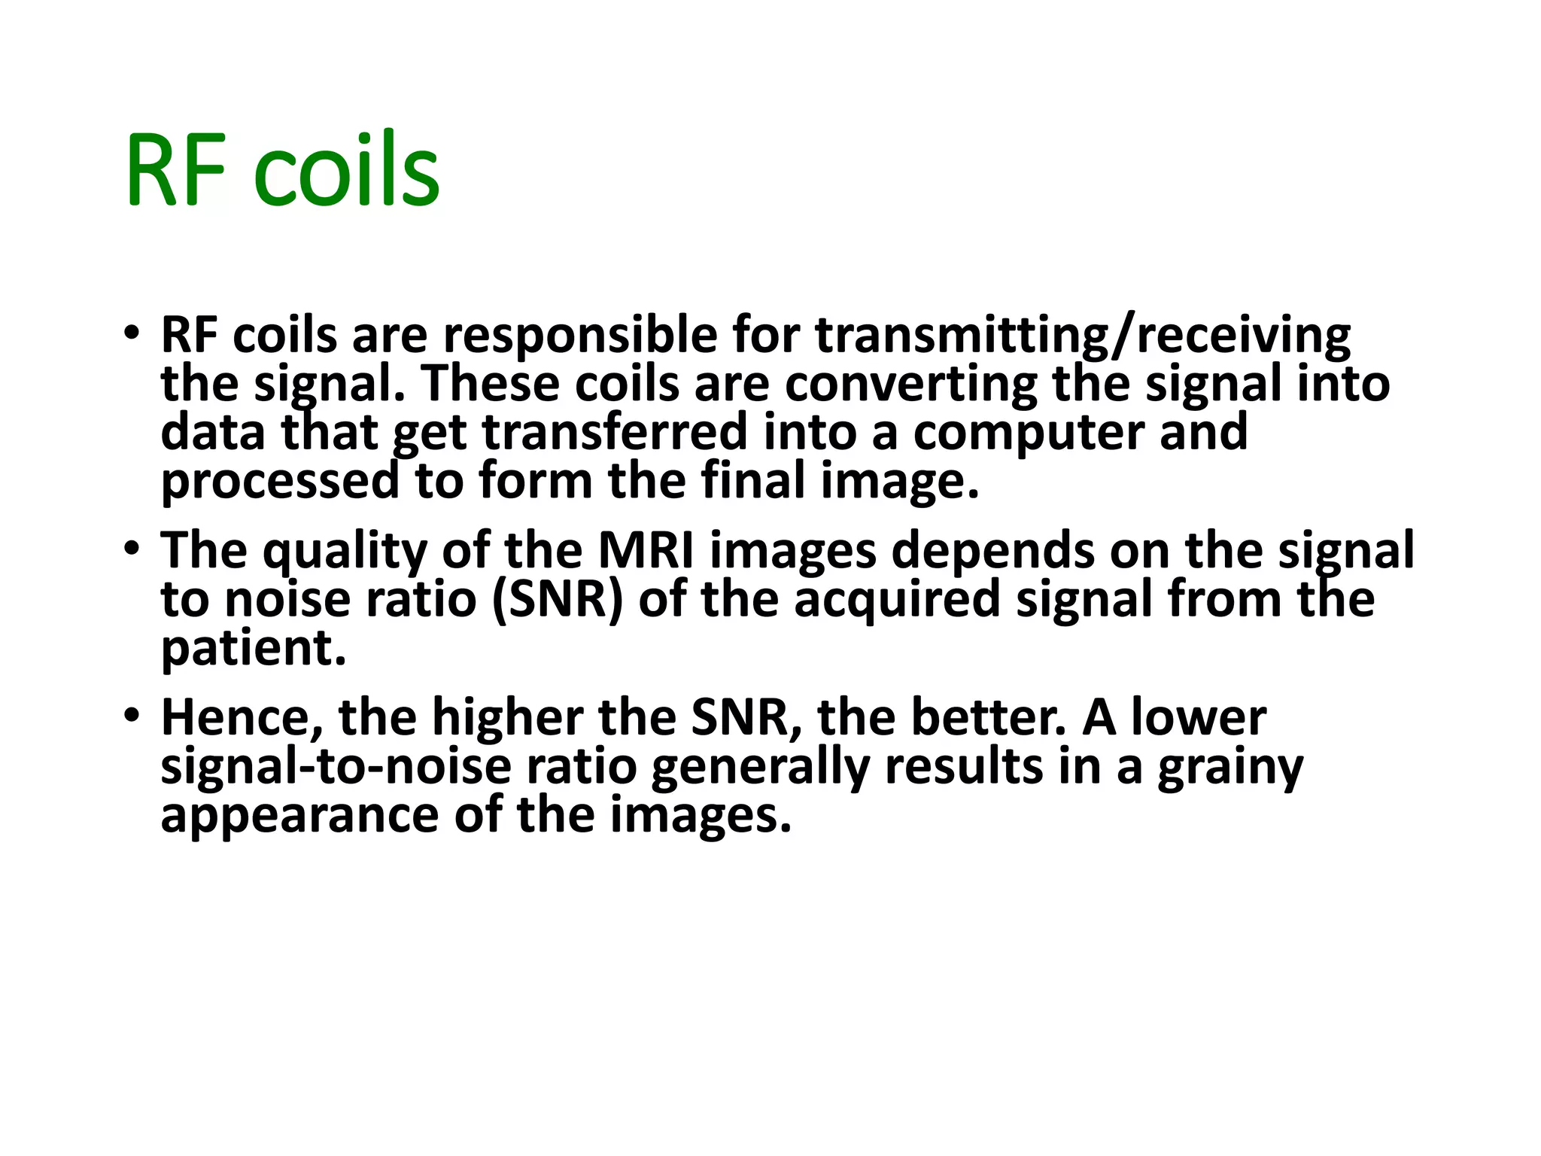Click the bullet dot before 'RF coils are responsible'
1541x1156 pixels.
132,332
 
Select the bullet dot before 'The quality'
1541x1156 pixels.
132,547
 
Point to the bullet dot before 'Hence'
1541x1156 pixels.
132,714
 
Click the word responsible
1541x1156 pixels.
579,335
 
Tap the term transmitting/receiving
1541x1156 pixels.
1083,335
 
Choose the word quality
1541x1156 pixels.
345,551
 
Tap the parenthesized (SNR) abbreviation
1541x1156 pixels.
558,600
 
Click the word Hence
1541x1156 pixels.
242,717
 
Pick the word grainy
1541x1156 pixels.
1230,768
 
